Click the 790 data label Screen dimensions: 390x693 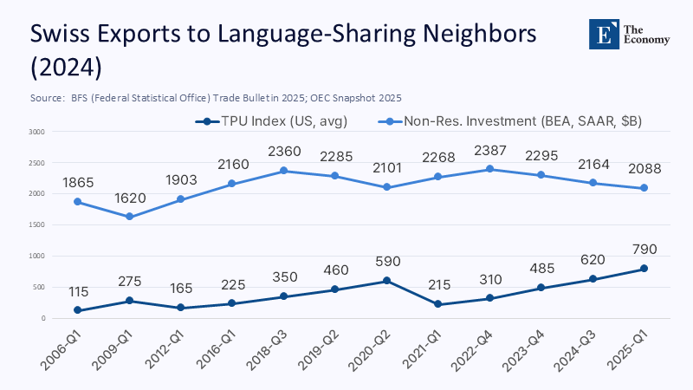[x=644, y=250]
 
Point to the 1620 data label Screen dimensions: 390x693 [x=129, y=198]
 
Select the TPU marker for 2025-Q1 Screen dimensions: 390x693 [x=644, y=269]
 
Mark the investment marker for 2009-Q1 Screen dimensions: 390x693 [x=129, y=217]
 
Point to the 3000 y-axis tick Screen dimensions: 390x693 [x=36, y=132]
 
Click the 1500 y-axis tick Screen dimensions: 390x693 [x=36, y=224]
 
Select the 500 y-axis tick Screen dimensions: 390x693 [x=38, y=287]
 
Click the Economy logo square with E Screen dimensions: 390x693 [x=603, y=32]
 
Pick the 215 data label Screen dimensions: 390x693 [x=439, y=285]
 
